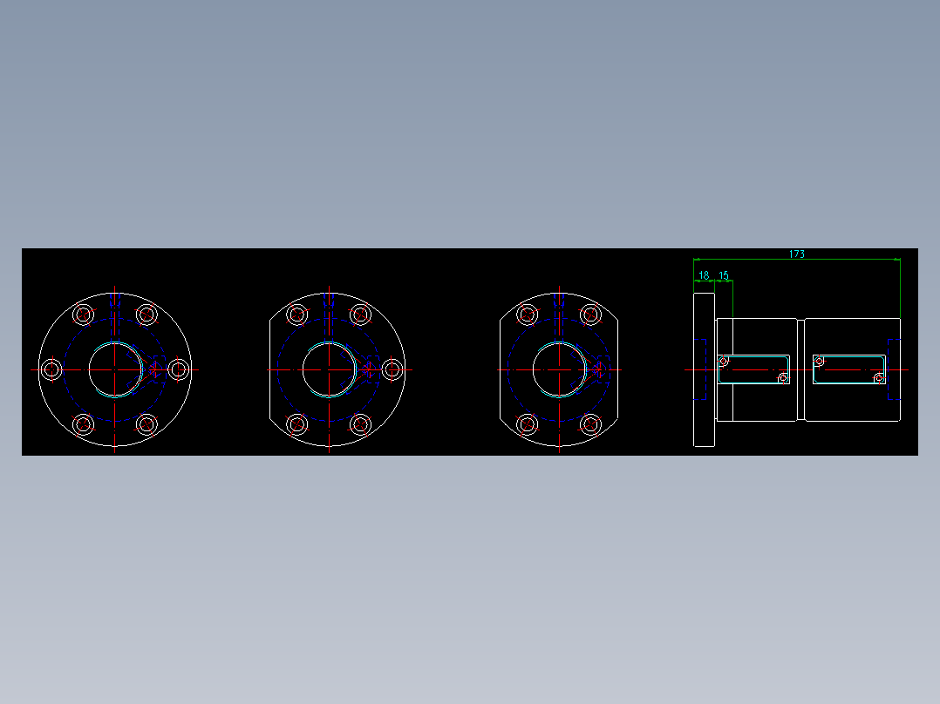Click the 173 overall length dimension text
796,254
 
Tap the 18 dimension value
704,275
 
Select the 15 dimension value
723,275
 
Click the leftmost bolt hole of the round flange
51,369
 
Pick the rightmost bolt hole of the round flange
178,369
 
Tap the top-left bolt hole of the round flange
83,315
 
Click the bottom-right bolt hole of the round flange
146,424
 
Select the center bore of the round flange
114,369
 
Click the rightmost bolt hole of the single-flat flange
392,369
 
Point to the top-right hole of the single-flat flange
360,315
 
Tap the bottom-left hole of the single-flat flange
297,424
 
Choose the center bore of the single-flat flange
329,369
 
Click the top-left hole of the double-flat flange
527,315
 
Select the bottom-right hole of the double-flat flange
590,424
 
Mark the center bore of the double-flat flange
558,369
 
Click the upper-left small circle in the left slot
723,361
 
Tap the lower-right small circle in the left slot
782,378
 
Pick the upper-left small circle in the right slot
819,361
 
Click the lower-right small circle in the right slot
878,378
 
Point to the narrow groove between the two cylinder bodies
800,369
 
